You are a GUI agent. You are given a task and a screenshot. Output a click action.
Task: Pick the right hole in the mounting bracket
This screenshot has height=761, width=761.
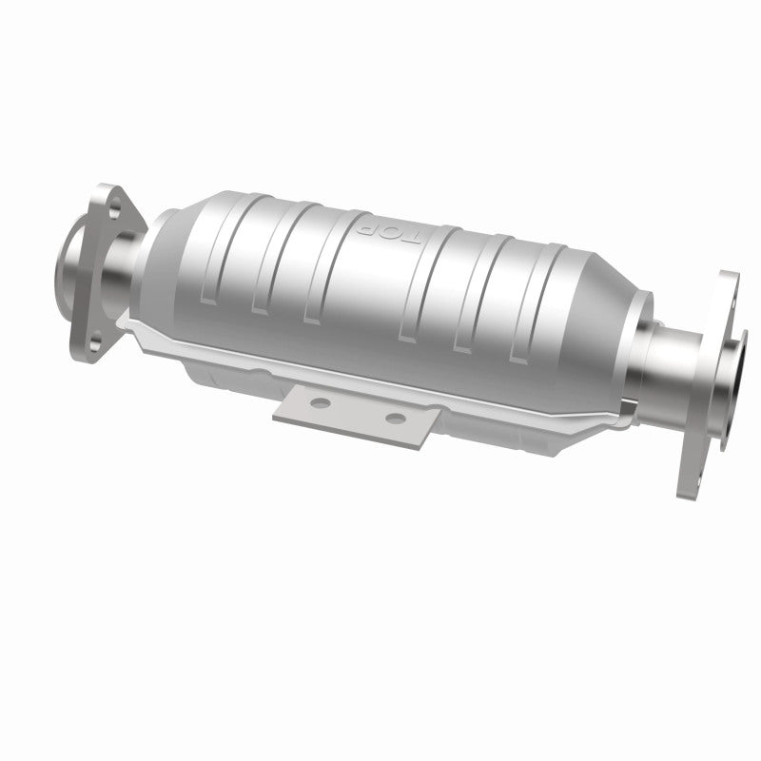(x=392, y=416)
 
